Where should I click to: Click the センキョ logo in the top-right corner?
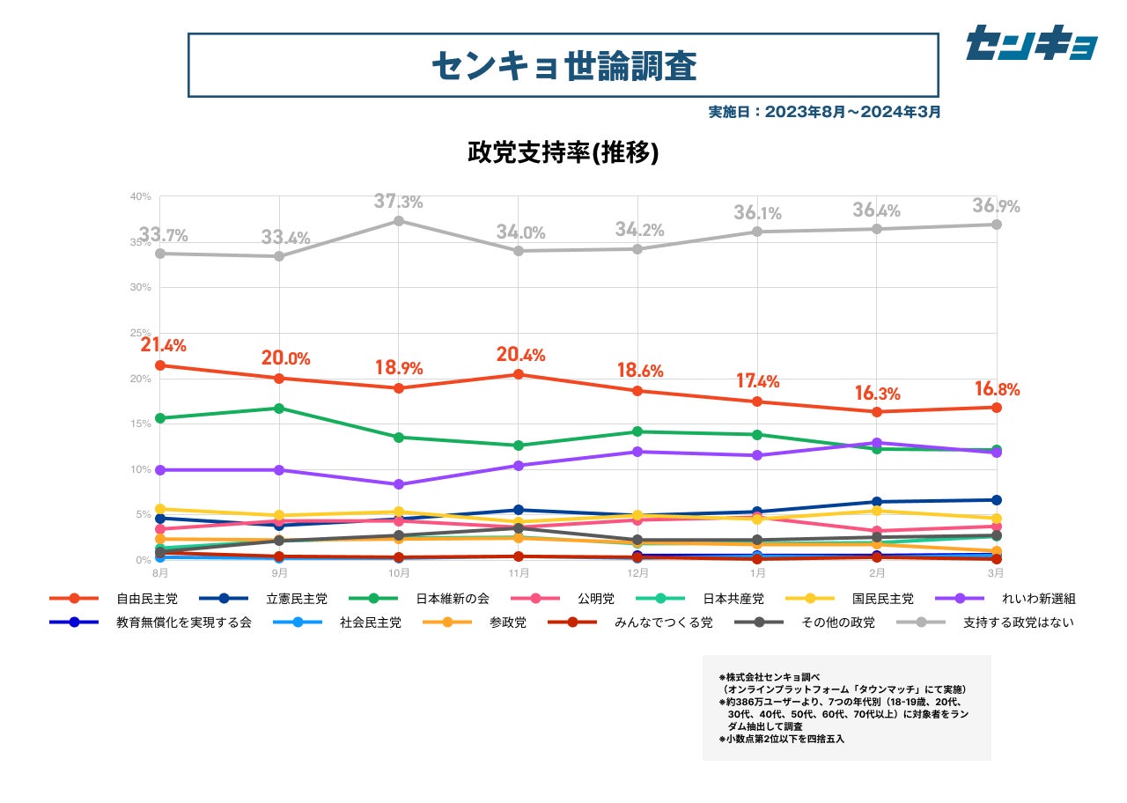[1031, 43]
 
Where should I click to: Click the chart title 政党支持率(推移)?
[563, 152]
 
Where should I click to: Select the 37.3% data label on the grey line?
[398, 202]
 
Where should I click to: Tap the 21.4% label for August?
[163, 345]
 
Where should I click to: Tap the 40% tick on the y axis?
[141, 196]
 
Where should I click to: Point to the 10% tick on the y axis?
[141, 469]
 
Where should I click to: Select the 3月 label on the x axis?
[995, 572]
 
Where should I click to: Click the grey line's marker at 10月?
[398, 221]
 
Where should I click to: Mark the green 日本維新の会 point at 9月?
[279, 409]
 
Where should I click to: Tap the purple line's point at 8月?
[159, 470]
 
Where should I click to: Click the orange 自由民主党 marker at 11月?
[519, 374]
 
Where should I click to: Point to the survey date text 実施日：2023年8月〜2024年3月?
[824, 112]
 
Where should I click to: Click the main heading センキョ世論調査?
[563, 65]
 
